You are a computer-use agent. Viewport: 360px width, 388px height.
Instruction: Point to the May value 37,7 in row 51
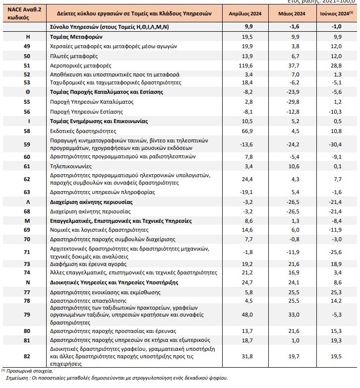click(294, 65)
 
